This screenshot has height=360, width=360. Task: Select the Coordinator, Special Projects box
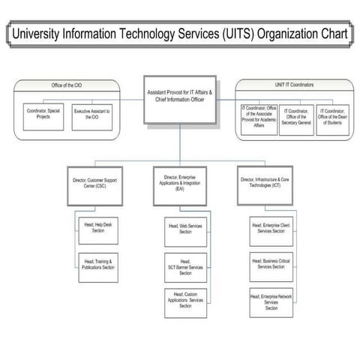(43, 117)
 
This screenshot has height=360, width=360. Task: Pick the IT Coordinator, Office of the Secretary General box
(296, 118)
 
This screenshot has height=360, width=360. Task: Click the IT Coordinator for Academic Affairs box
(259, 118)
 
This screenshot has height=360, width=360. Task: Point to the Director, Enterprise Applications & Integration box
(180, 184)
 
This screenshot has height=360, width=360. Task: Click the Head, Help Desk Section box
(98, 228)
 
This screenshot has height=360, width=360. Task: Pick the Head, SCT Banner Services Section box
(184, 266)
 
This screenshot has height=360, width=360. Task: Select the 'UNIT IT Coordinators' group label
(291, 85)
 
